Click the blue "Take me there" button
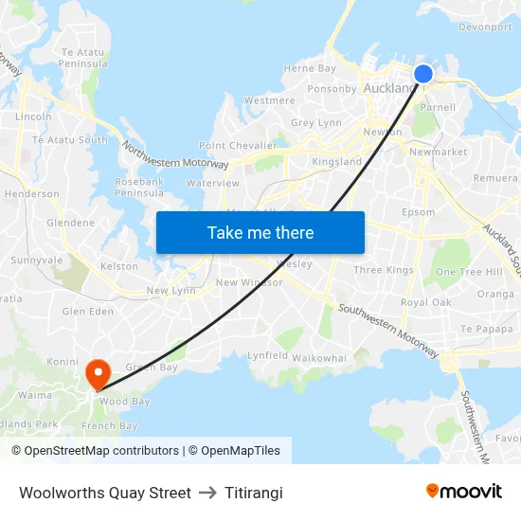260,232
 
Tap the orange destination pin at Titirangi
97,373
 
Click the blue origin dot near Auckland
422,74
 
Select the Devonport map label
485,27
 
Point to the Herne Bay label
310,68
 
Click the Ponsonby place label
332,89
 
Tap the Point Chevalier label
238,145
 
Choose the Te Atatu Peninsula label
84,58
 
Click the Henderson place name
32,193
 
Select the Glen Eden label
87,311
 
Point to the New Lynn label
171,291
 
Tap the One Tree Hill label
469,272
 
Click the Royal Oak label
425,302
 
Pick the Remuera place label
496,177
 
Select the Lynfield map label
267,354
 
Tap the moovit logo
464,491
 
